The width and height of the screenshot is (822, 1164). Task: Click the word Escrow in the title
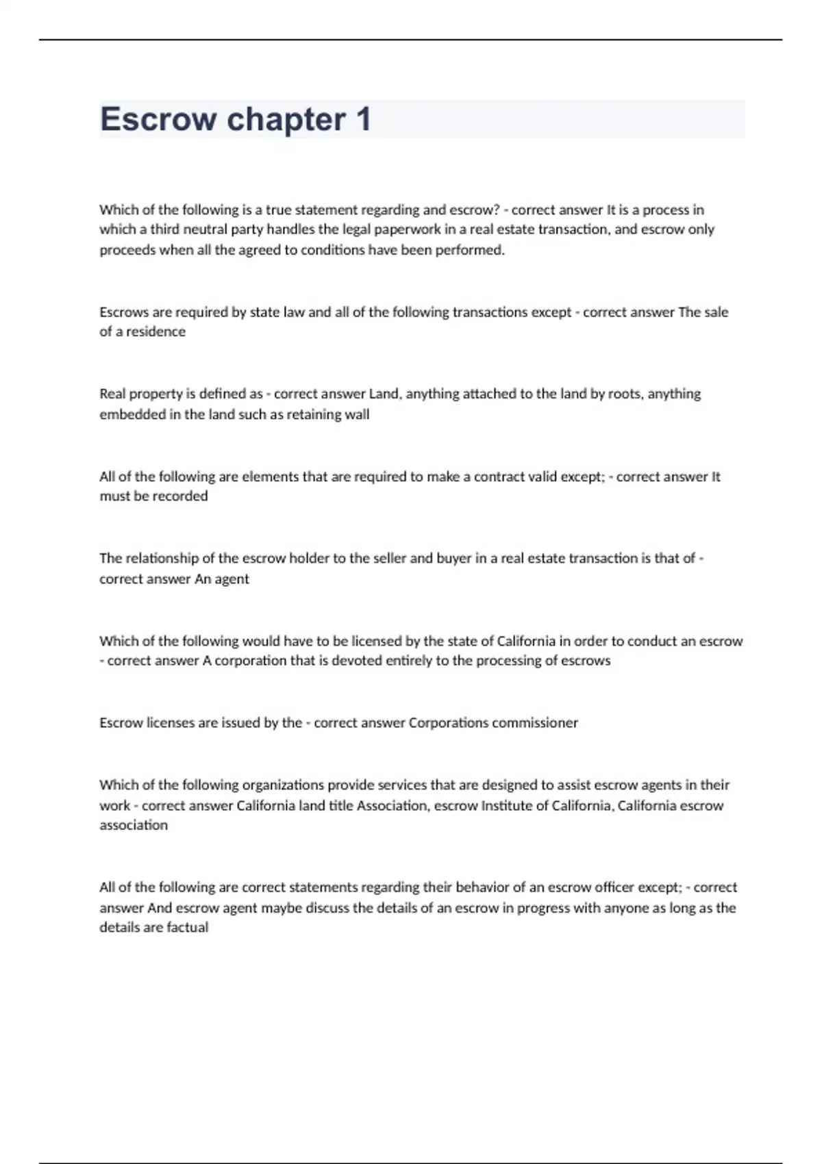[158, 119]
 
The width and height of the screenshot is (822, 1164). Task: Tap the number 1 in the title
[363, 119]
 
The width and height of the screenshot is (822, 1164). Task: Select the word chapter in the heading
[286, 121]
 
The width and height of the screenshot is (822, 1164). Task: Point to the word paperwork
[409, 229]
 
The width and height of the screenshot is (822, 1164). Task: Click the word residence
[155, 331]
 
